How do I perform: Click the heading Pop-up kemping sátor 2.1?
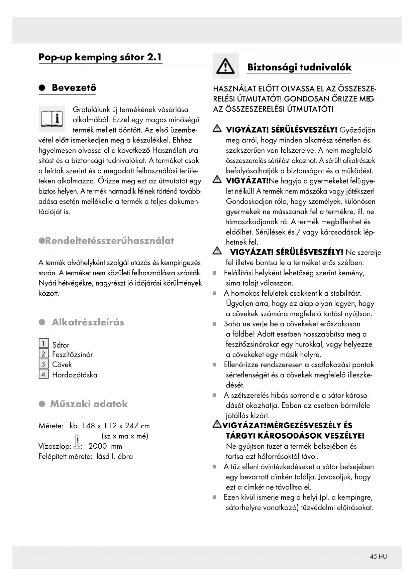coord(100,57)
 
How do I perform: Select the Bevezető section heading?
coord(74,88)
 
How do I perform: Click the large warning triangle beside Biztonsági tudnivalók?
coord(225,66)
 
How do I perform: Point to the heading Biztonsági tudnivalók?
coord(299,67)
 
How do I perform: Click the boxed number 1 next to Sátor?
coord(43,343)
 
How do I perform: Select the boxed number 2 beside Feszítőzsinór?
coord(43,354)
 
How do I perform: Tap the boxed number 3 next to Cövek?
coord(43,364)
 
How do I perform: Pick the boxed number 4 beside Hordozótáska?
coord(43,374)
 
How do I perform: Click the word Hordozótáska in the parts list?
coord(75,375)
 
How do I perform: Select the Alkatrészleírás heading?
coord(88,322)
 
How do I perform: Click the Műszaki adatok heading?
coord(89,404)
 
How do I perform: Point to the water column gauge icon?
coord(77,441)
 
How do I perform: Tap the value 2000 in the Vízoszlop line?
coord(98,446)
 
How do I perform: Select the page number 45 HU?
coord(378,557)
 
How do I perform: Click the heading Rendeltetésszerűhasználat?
coord(109,241)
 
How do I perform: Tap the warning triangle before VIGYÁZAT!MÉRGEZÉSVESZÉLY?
coord(217,425)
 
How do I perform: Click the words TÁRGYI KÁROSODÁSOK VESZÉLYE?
coord(295,436)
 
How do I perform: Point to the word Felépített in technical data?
coord(53,456)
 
